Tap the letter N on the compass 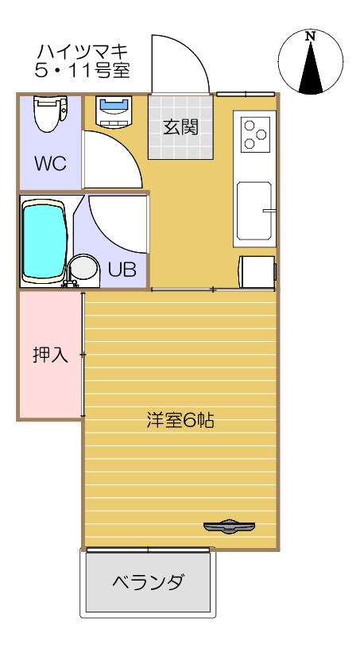coord(311,36)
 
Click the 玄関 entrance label coord(180,127)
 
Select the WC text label coord(49,164)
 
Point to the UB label coord(122,270)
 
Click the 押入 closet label coord(49,356)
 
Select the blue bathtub coord(45,242)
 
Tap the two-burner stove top coord(255,133)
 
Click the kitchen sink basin coord(255,211)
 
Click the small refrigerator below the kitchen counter coord(256,272)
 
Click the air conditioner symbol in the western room coord(229,526)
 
